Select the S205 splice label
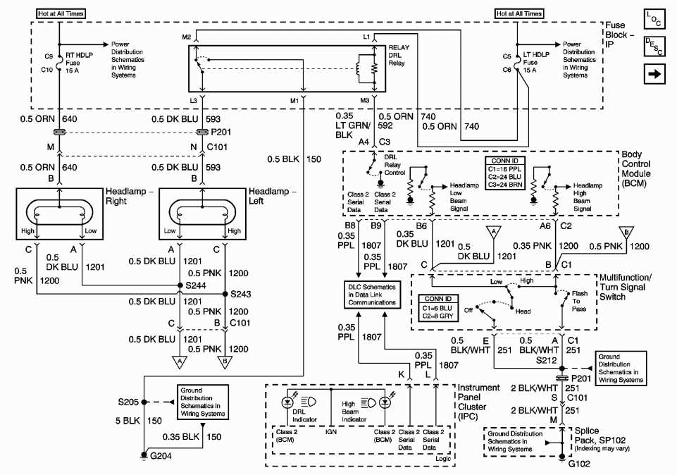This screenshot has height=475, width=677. [129, 402]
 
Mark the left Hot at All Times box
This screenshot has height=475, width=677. [61, 13]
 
